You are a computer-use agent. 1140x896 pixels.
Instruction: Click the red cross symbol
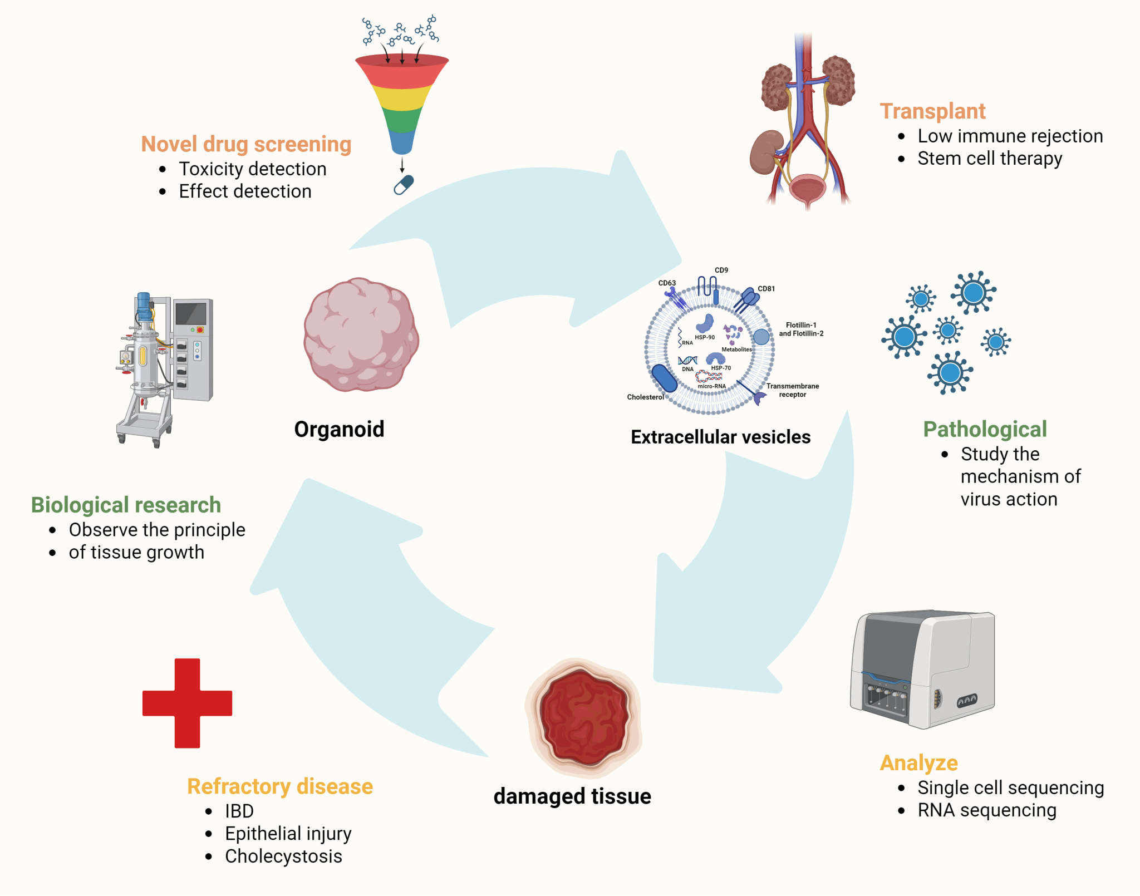coord(187,703)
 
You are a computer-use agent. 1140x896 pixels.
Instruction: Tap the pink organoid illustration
coord(361,335)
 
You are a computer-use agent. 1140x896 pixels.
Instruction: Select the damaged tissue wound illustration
coord(583,717)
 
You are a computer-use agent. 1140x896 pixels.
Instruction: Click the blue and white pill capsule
coord(404,185)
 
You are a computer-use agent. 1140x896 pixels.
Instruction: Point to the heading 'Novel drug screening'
coord(246,144)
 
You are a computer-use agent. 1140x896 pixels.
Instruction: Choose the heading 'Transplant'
coord(932,111)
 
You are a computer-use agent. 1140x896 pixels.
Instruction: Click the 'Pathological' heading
coord(985,429)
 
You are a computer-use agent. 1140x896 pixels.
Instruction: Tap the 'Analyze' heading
coord(918,763)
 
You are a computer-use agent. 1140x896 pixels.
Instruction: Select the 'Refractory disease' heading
coord(280,786)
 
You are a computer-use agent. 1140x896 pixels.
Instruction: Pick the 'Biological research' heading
coord(126,505)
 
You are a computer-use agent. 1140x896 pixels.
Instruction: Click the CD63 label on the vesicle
coord(667,283)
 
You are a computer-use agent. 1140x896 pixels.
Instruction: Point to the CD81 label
coord(766,289)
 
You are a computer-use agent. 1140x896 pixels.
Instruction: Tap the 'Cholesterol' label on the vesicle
coord(645,397)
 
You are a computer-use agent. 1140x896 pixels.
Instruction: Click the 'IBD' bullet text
coord(239,811)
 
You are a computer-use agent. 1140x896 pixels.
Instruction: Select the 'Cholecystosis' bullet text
coord(283,856)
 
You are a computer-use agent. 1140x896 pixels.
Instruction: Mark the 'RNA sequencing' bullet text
coord(987,810)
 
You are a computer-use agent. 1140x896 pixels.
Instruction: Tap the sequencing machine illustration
coord(922,668)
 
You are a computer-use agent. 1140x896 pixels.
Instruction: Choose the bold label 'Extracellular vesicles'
coord(720,437)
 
